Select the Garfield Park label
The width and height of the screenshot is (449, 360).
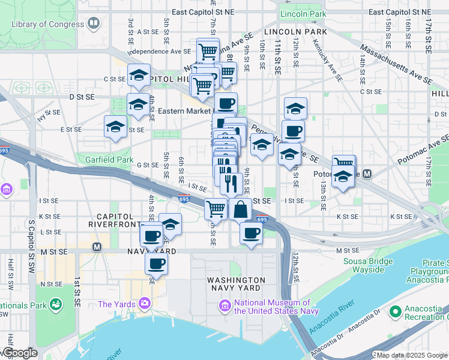click(x=109, y=160)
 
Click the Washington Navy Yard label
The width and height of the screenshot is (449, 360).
click(x=236, y=284)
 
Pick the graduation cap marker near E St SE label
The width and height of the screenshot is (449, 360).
click(x=115, y=126)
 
